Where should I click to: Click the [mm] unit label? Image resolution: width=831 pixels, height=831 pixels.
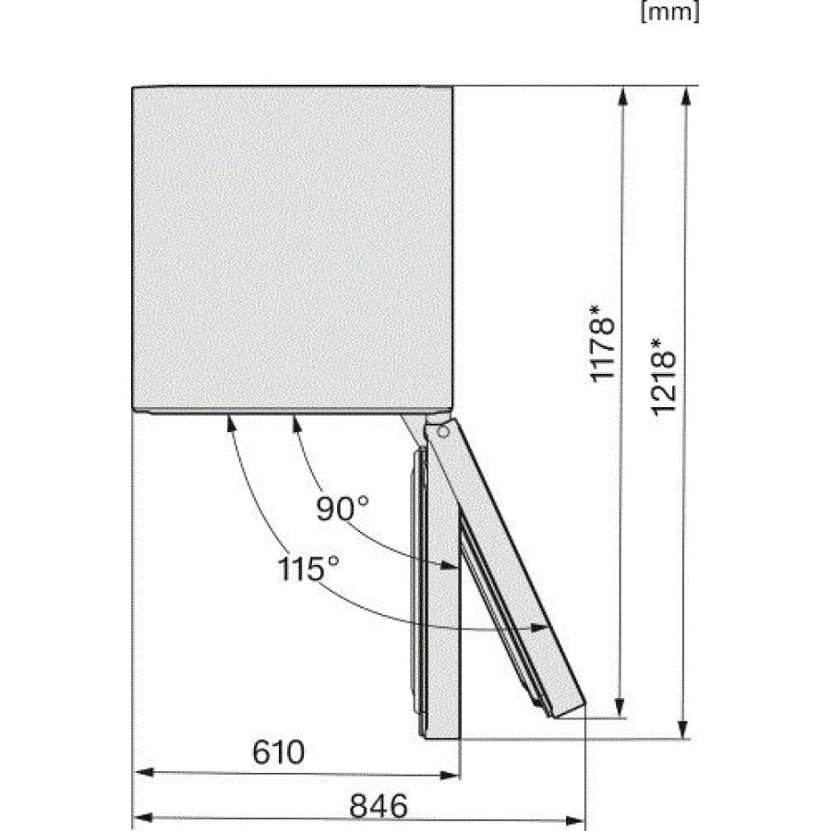pyautogui.click(x=669, y=12)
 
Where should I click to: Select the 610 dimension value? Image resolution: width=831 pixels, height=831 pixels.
pyautogui.click(x=278, y=752)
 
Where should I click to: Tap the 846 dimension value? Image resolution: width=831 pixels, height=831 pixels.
pyautogui.click(x=379, y=806)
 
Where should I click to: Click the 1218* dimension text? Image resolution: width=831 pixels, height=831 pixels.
pyautogui.click(x=664, y=377)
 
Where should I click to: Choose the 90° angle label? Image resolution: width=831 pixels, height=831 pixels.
pyautogui.click(x=343, y=508)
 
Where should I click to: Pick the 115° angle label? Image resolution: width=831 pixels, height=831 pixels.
pyautogui.click(x=307, y=569)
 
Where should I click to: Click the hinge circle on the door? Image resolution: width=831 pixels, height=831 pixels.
pyautogui.click(x=443, y=432)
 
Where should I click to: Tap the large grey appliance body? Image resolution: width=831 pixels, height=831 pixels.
pyautogui.click(x=293, y=248)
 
